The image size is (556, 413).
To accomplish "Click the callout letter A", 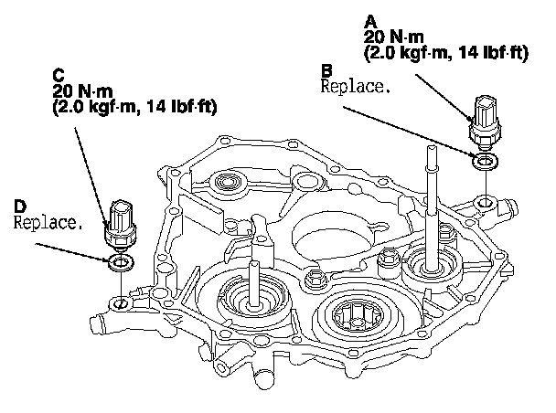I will (369, 19).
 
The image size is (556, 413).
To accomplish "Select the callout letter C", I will (59, 74).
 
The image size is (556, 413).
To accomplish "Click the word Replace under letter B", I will (356, 88).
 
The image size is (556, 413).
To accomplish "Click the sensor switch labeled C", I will (122, 223).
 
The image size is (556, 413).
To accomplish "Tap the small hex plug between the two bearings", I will (317, 277).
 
